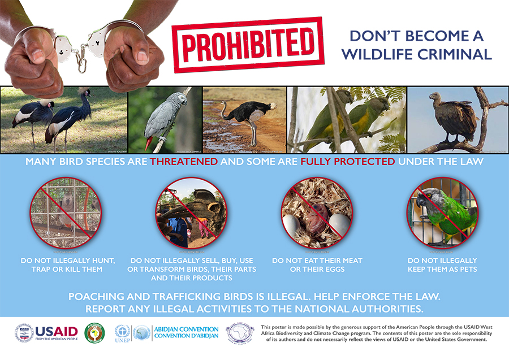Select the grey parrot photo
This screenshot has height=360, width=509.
tap(164, 120)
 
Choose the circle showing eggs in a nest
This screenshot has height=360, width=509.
tap(317, 212)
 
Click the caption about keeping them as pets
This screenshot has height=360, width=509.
tap(442, 264)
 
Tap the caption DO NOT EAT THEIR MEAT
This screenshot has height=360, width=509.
tap(317, 261)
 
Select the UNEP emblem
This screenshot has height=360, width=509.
tap(122, 332)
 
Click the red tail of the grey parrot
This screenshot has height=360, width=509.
tap(148, 144)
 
